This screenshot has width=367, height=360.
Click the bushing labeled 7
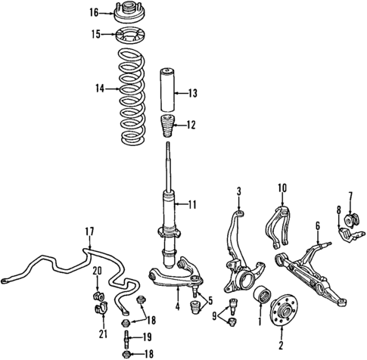click(x=350, y=220)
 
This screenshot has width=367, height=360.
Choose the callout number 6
click(x=318, y=225)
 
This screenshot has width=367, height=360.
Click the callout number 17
click(x=89, y=231)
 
